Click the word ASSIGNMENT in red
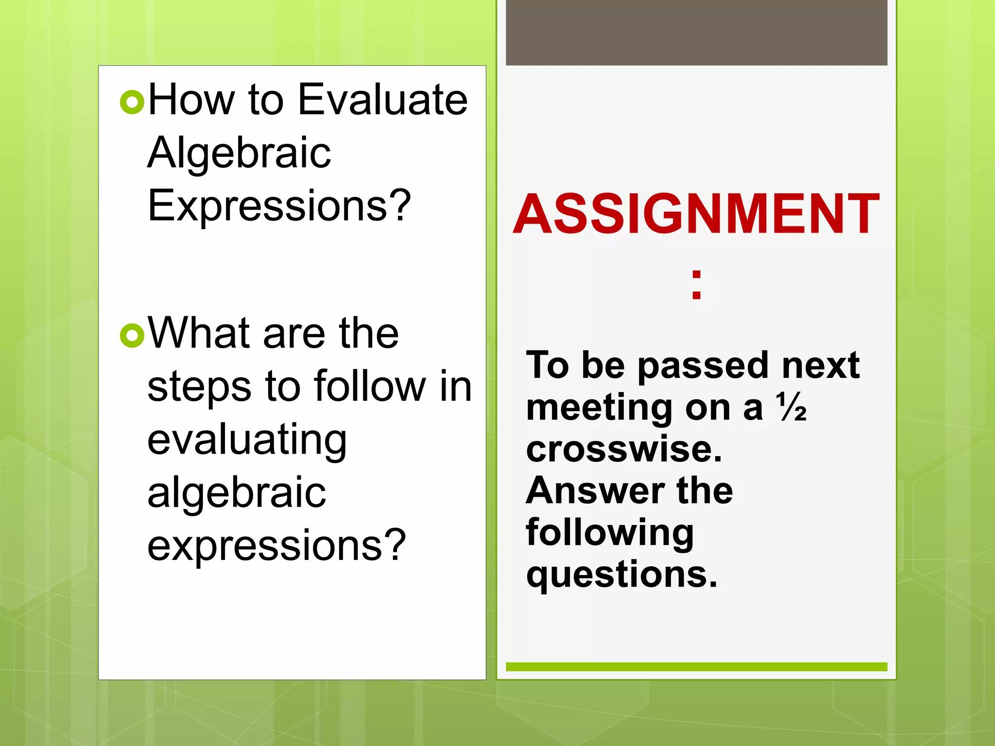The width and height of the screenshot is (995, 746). [x=696, y=214]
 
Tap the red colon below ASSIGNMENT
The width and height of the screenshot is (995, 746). [x=696, y=285]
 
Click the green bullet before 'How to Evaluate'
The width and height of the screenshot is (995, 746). [x=132, y=102]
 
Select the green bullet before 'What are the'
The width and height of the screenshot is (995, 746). [x=132, y=335]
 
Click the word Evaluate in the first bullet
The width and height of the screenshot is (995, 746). [x=382, y=100]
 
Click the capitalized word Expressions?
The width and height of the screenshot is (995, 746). [x=279, y=206]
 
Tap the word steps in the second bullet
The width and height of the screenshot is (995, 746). [x=199, y=387]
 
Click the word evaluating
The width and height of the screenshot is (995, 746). [x=247, y=440]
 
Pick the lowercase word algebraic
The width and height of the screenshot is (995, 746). [x=237, y=493]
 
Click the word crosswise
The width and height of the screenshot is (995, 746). [x=624, y=449]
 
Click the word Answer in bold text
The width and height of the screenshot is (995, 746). [x=595, y=491]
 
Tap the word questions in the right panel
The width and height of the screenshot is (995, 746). [x=621, y=575]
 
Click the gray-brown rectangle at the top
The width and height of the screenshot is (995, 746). [x=696, y=32]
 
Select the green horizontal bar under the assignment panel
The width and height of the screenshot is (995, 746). [x=696, y=667]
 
